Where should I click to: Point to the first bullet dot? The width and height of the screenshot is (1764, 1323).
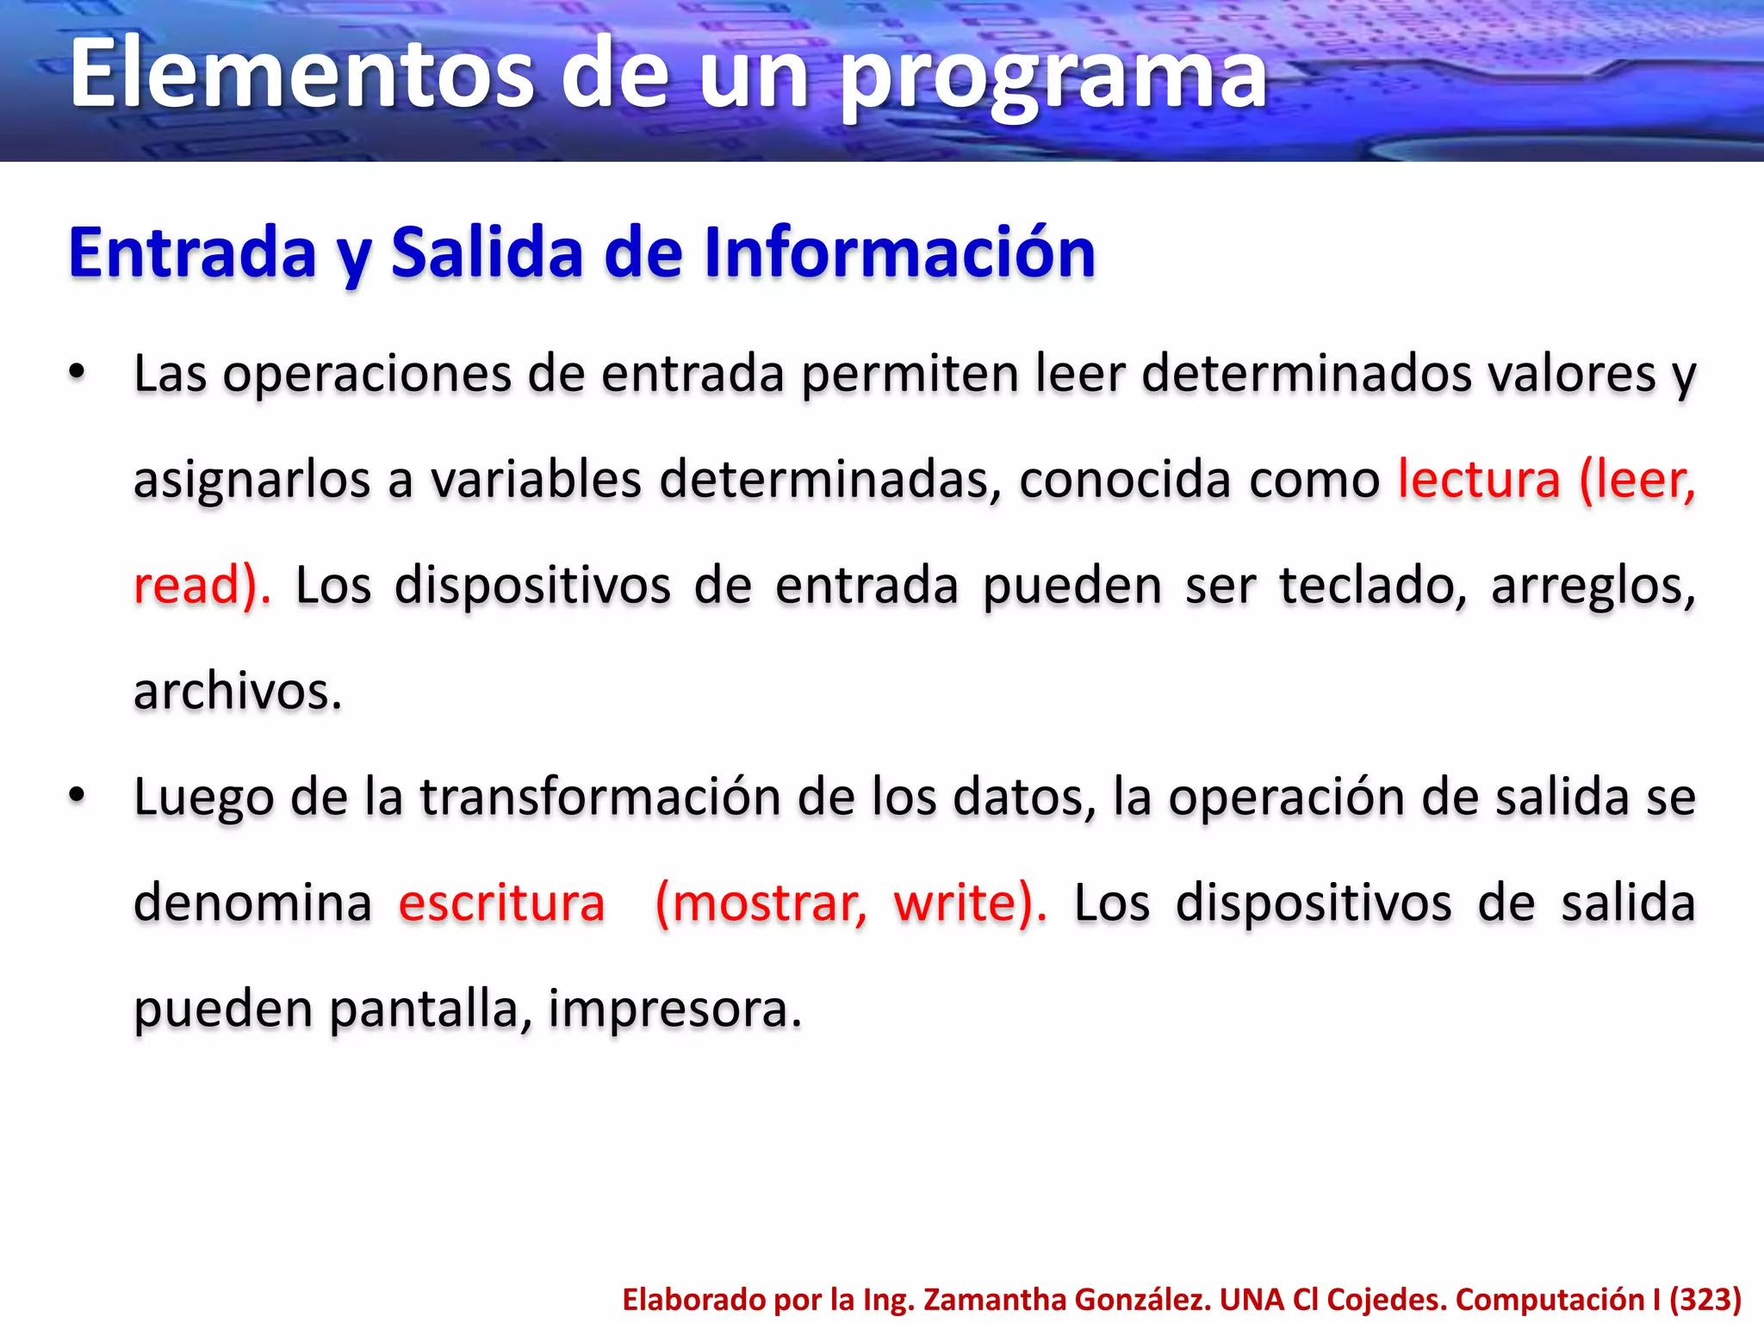point(78,373)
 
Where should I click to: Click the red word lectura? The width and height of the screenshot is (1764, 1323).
point(1479,479)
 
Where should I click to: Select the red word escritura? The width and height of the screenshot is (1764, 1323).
point(501,903)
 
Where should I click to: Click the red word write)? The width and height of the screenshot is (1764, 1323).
point(970,903)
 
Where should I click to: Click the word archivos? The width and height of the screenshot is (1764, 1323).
point(238,691)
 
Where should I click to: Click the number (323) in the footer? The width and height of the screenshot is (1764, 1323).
point(1705,1299)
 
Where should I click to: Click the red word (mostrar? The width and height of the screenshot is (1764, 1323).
point(761,903)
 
